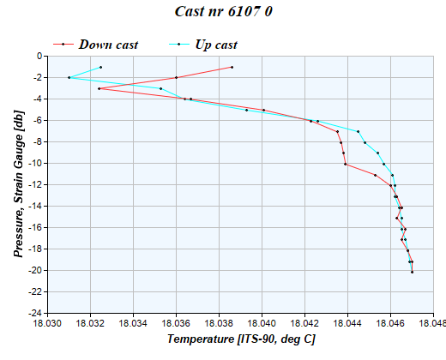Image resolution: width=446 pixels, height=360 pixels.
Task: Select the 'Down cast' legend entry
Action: [107, 44]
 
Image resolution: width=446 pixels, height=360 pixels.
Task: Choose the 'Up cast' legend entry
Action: [216, 44]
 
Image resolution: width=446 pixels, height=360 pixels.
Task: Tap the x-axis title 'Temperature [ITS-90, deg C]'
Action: [241, 339]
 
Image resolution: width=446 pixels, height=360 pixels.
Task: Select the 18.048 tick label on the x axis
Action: [433, 324]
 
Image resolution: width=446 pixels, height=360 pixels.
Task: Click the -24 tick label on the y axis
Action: [35, 314]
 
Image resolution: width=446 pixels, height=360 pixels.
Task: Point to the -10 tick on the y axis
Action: [35, 164]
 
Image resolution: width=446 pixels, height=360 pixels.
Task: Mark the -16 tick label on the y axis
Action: [35, 228]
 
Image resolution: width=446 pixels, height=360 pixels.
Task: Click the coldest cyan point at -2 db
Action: [69, 78]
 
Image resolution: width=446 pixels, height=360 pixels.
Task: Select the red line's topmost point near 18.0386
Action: [232, 67]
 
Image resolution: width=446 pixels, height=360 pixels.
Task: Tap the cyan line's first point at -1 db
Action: [100, 67]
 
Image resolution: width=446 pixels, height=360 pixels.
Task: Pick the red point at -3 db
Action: [99, 88]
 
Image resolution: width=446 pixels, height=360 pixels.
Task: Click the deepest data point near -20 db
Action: [412, 272]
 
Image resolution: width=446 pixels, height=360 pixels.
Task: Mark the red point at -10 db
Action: [345, 164]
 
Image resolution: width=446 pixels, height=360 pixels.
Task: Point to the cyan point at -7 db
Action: [358, 131]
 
